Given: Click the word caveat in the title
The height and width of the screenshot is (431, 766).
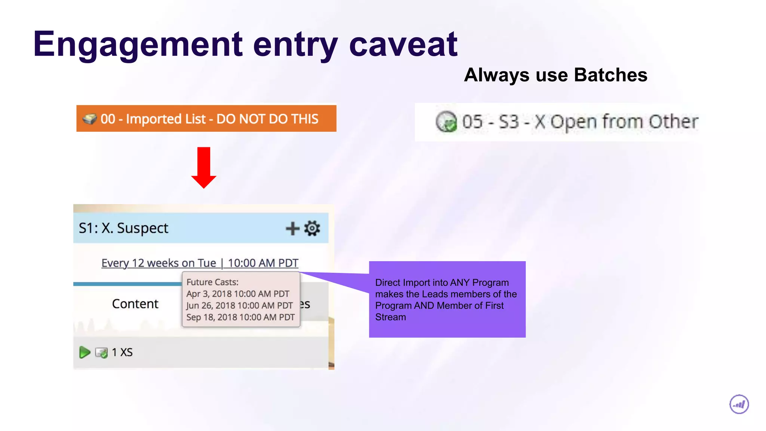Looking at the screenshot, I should click(403, 45).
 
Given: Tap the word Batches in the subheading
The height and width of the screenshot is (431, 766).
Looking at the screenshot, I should click(610, 75).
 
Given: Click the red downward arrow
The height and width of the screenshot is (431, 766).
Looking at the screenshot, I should click(204, 167).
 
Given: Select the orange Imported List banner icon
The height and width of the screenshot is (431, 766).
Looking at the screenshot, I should click(90, 119).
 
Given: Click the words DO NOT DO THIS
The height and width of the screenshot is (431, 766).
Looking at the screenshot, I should click(267, 119).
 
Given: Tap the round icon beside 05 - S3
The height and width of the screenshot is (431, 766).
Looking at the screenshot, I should click(446, 122).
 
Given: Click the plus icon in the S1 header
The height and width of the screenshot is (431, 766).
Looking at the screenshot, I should click(292, 228).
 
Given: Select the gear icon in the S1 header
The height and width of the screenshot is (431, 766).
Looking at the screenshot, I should click(312, 228).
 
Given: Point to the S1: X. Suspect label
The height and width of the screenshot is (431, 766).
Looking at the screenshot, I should click(123, 228).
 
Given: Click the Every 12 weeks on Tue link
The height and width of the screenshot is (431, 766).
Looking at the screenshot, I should click(159, 263).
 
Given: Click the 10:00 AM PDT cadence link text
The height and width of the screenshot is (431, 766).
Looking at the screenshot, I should click(263, 263).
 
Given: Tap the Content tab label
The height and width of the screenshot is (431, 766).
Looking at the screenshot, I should click(135, 304).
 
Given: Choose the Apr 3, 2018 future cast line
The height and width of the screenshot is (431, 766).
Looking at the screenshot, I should click(238, 294).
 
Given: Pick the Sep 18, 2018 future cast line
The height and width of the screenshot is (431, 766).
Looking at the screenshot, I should click(240, 317).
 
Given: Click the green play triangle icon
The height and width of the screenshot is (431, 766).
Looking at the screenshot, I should click(85, 352).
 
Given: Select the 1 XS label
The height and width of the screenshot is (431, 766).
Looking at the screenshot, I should click(122, 352).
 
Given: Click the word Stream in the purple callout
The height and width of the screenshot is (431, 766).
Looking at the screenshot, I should click(390, 317).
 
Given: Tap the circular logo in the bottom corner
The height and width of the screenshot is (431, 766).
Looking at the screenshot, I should click(739, 404).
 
